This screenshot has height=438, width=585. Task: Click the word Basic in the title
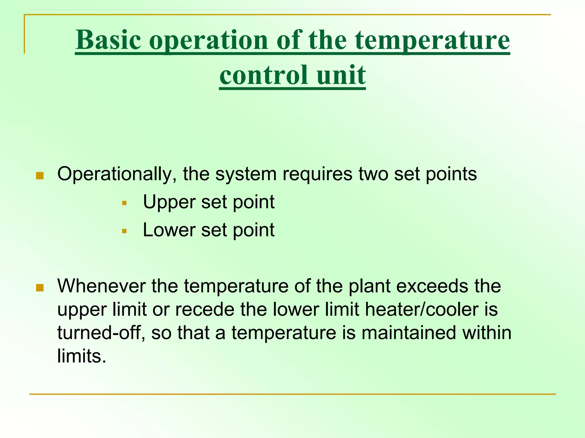click(x=108, y=40)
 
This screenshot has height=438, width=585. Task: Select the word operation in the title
click(x=208, y=40)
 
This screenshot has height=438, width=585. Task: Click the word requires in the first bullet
click(x=317, y=174)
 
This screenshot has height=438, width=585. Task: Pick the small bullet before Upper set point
click(x=124, y=203)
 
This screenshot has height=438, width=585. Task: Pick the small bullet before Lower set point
click(x=124, y=231)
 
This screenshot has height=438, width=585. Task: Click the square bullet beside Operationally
click(x=40, y=176)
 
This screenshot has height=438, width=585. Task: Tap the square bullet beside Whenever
click(x=40, y=288)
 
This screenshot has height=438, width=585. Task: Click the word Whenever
click(x=101, y=286)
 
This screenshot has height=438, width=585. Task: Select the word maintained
click(x=408, y=333)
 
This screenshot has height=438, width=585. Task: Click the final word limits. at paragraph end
click(x=82, y=356)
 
